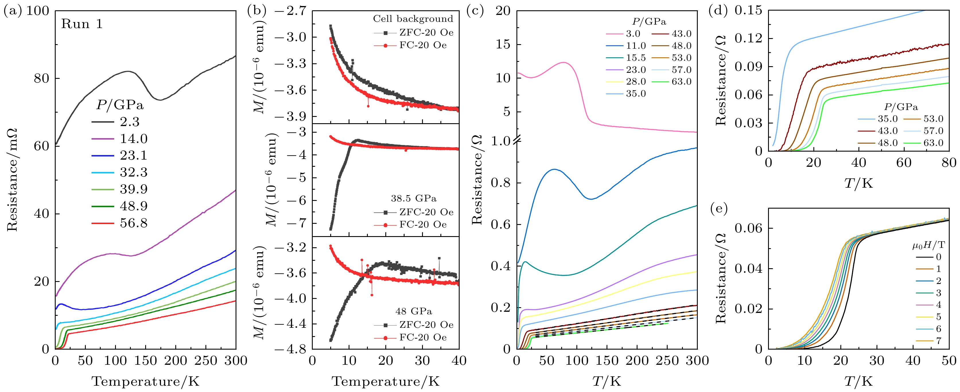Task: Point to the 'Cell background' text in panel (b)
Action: tap(413, 19)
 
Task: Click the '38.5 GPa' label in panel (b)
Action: tap(414, 198)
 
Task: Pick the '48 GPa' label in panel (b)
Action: tap(414, 311)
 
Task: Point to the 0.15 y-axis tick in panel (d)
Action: tap(748, 10)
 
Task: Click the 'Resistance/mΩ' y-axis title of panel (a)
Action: tap(12, 180)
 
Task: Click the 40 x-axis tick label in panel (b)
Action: tap(458, 360)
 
